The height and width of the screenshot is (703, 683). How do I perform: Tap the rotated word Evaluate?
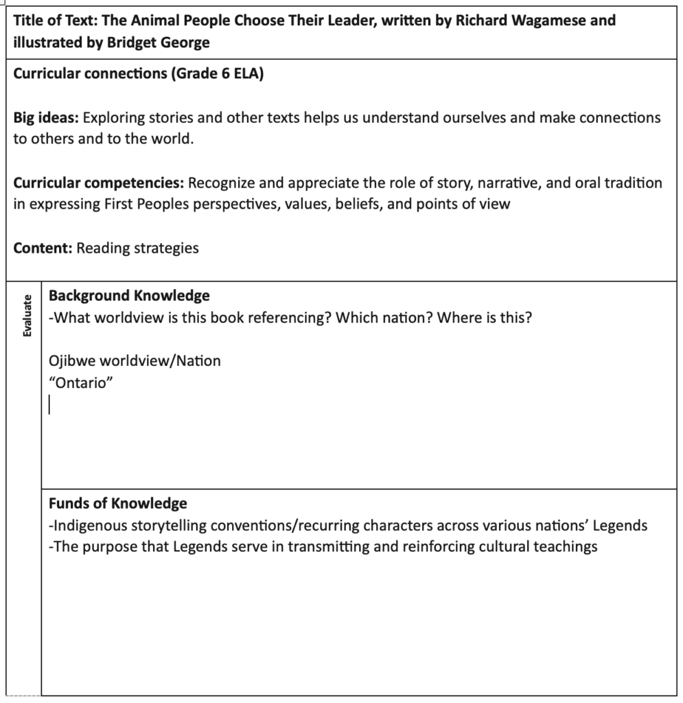pyautogui.click(x=27, y=315)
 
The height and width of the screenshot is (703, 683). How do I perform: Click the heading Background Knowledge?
pyautogui.click(x=129, y=296)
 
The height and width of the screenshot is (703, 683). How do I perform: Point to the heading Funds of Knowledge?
pyautogui.click(x=117, y=503)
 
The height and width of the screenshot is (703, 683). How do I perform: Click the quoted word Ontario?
pyautogui.click(x=80, y=383)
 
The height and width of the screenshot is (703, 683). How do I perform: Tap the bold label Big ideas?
pyautogui.click(x=45, y=117)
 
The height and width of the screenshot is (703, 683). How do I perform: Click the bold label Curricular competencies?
pyautogui.click(x=98, y=183)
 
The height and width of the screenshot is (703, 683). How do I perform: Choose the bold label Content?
pyautogui.click(x=43, y=249)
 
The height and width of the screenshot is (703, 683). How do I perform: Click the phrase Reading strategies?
pyautogui.click(x=137, y=249)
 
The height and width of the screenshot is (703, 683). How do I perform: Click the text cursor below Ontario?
pyautogui.click(x=50, y=406)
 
